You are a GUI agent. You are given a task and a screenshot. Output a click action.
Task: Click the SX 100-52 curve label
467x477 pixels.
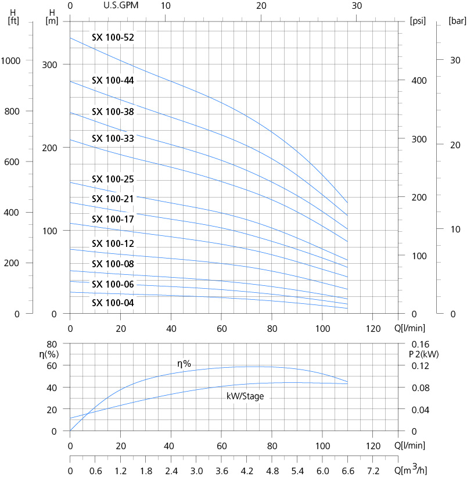coord(113,38)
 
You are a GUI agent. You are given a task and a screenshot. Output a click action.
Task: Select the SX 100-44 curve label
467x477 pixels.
coord(113,81)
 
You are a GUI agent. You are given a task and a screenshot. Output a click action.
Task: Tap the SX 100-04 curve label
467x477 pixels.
coord(113,303)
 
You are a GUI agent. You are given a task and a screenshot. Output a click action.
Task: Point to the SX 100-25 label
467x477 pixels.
coord(113,180)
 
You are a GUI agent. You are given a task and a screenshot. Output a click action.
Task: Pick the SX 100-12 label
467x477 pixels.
coord(113,243)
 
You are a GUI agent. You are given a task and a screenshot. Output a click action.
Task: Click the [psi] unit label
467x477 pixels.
coord(418,21)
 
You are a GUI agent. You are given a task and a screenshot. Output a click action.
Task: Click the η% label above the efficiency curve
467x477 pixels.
coord(184,364)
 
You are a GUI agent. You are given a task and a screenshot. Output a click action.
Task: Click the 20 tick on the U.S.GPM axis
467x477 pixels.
coord(261,6)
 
